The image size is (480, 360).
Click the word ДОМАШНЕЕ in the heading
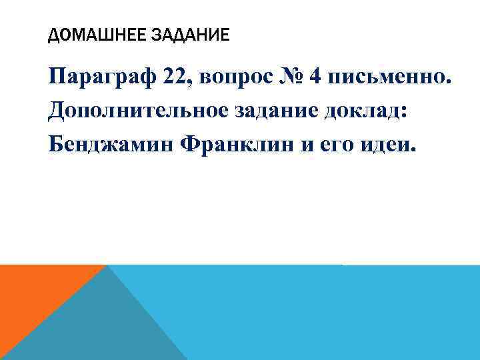click(x=92, y=34)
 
